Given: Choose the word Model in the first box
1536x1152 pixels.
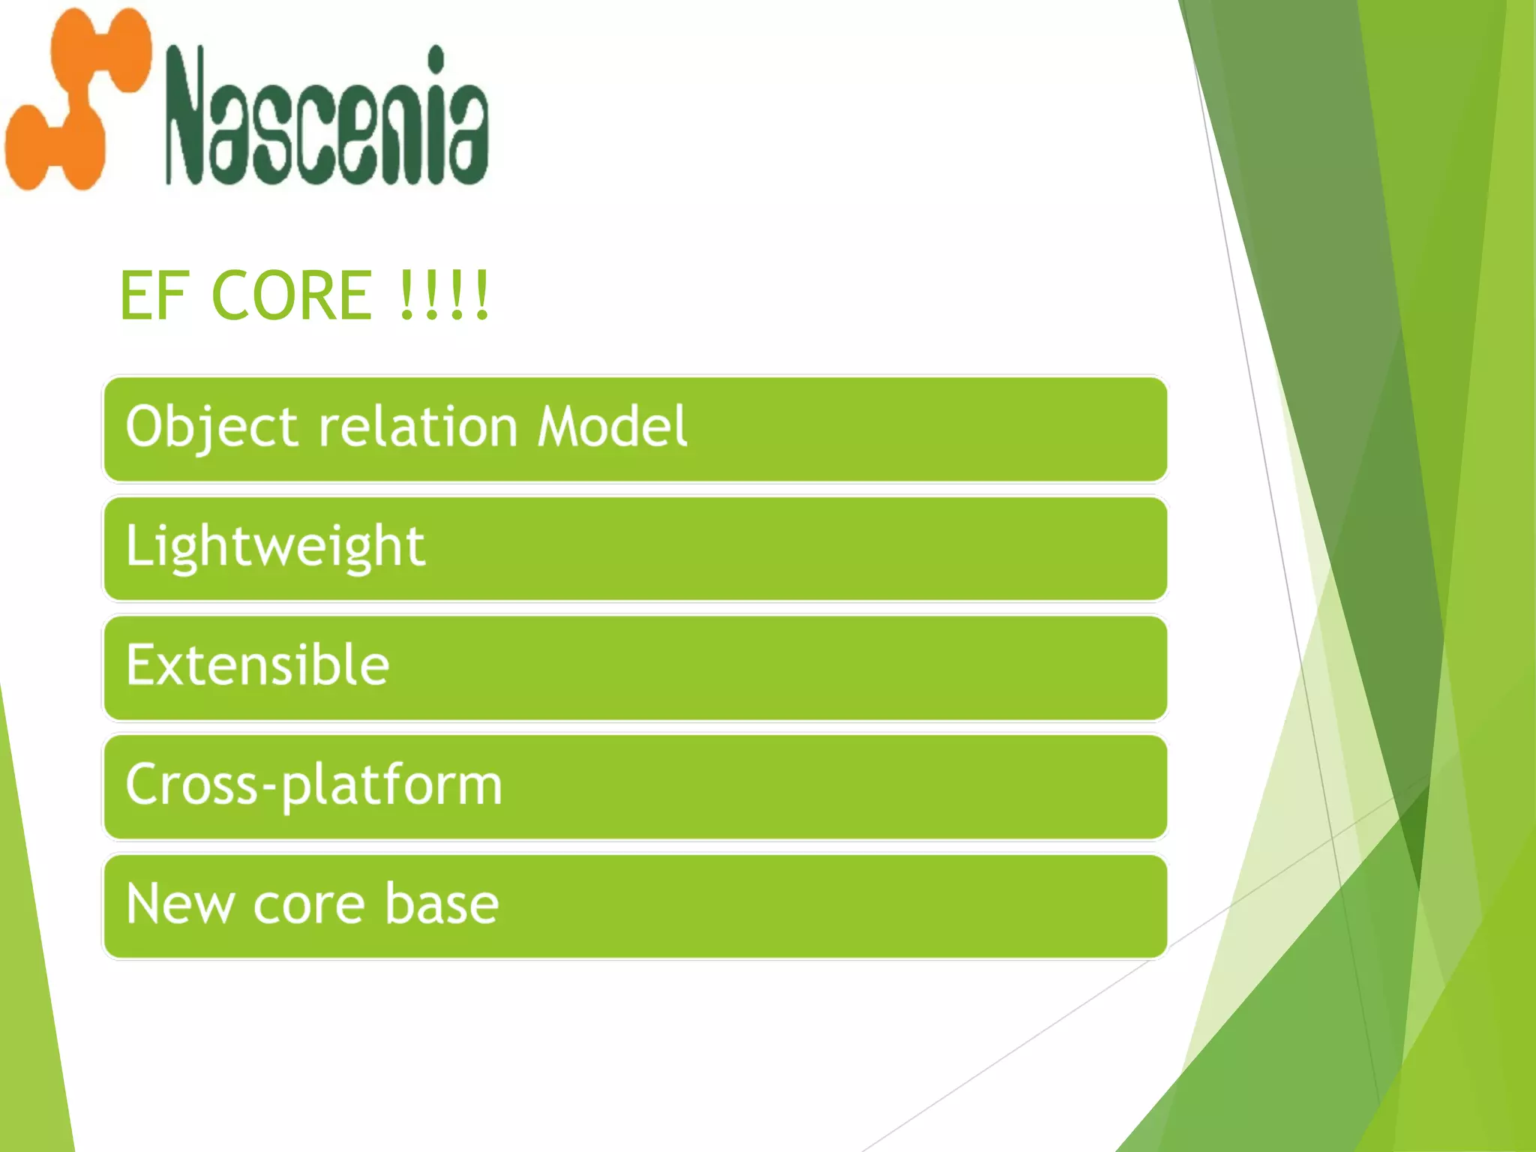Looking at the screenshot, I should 612,426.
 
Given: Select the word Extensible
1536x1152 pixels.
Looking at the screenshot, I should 257,665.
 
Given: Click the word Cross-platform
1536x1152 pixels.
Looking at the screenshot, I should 313,784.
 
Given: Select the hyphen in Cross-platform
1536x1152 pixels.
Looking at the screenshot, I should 269,787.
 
